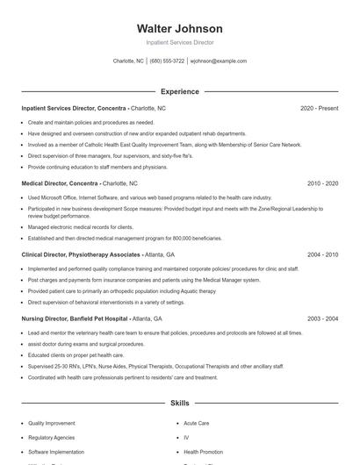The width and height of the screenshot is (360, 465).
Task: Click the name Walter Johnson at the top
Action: point(180,29)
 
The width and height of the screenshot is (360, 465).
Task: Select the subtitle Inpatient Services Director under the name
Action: point(180,42)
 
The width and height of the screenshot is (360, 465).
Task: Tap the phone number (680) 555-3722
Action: point(167,61)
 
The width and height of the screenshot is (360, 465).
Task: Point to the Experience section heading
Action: point(180,91)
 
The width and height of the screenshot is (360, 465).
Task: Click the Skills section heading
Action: point(180,403)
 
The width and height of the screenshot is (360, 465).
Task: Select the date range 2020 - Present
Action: point(319,108)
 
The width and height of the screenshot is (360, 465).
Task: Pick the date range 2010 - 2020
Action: point(322,183)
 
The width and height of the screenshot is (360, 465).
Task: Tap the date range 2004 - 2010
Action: point(322,254)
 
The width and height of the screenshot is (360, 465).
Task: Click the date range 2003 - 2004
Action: point(322,318)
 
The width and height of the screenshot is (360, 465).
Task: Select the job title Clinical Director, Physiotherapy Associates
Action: point(81,254)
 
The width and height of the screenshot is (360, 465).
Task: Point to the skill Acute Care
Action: point(197,422)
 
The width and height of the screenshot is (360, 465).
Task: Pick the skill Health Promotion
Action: point(202,451)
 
